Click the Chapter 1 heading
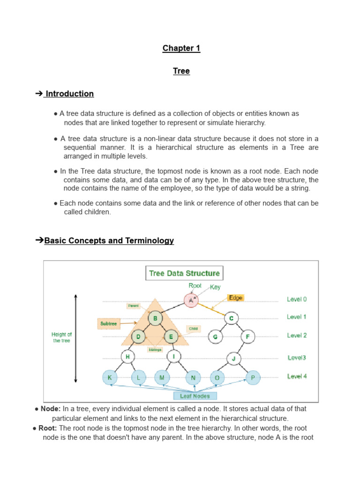(x=181, y=48)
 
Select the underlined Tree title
(x=181, y=71)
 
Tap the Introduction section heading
(x=69, y=94)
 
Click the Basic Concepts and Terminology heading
(x=109, y=240)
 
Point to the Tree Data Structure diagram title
(x=184, y=273)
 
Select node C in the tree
(x=231, y=319)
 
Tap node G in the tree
(x=215, y=337)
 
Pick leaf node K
(x=109, y=377)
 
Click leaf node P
(x=253, y=377)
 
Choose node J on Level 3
(x=233, y=359)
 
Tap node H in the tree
(x=127, y=357)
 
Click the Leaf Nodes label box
(x=195, y=396)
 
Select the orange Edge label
(x=235, y=298)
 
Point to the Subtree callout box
(x=109, y=323)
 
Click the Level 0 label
(x=297, y=299)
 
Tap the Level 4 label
(x=297, y=376)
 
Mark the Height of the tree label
(x=61, y=337)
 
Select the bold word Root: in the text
(x=48, y=428)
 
